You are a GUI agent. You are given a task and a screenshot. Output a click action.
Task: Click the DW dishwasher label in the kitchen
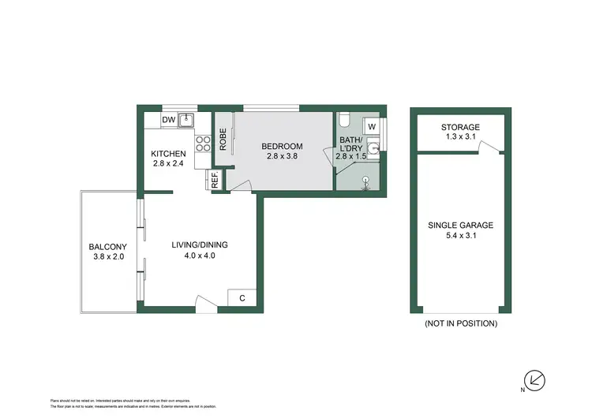tap(167, 120)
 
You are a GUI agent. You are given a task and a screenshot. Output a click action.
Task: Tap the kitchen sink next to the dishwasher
tap(186, 120)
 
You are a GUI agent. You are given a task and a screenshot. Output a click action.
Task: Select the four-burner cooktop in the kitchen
tap(202, 144)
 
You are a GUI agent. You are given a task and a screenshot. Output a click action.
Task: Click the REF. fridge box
tap(214, 180)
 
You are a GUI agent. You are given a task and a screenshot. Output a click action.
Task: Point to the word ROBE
tap(224, 140)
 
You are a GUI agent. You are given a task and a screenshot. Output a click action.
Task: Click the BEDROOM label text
tap(283, 147)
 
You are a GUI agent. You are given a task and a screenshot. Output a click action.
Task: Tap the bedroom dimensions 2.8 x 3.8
tap(283, 157)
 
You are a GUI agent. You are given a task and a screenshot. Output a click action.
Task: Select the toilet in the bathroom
tap(346, 121)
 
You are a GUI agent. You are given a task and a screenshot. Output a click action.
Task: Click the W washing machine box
tap(372, 126)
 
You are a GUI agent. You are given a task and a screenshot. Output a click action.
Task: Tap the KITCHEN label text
tap(168, 154)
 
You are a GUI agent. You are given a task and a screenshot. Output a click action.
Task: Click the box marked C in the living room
tap(241, 297)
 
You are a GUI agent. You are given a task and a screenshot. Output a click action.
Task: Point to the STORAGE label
tap(460, 127)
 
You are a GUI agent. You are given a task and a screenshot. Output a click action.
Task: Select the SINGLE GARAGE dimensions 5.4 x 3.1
tap(460, 236)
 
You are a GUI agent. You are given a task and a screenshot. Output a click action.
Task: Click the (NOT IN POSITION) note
tap(460, 323)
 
